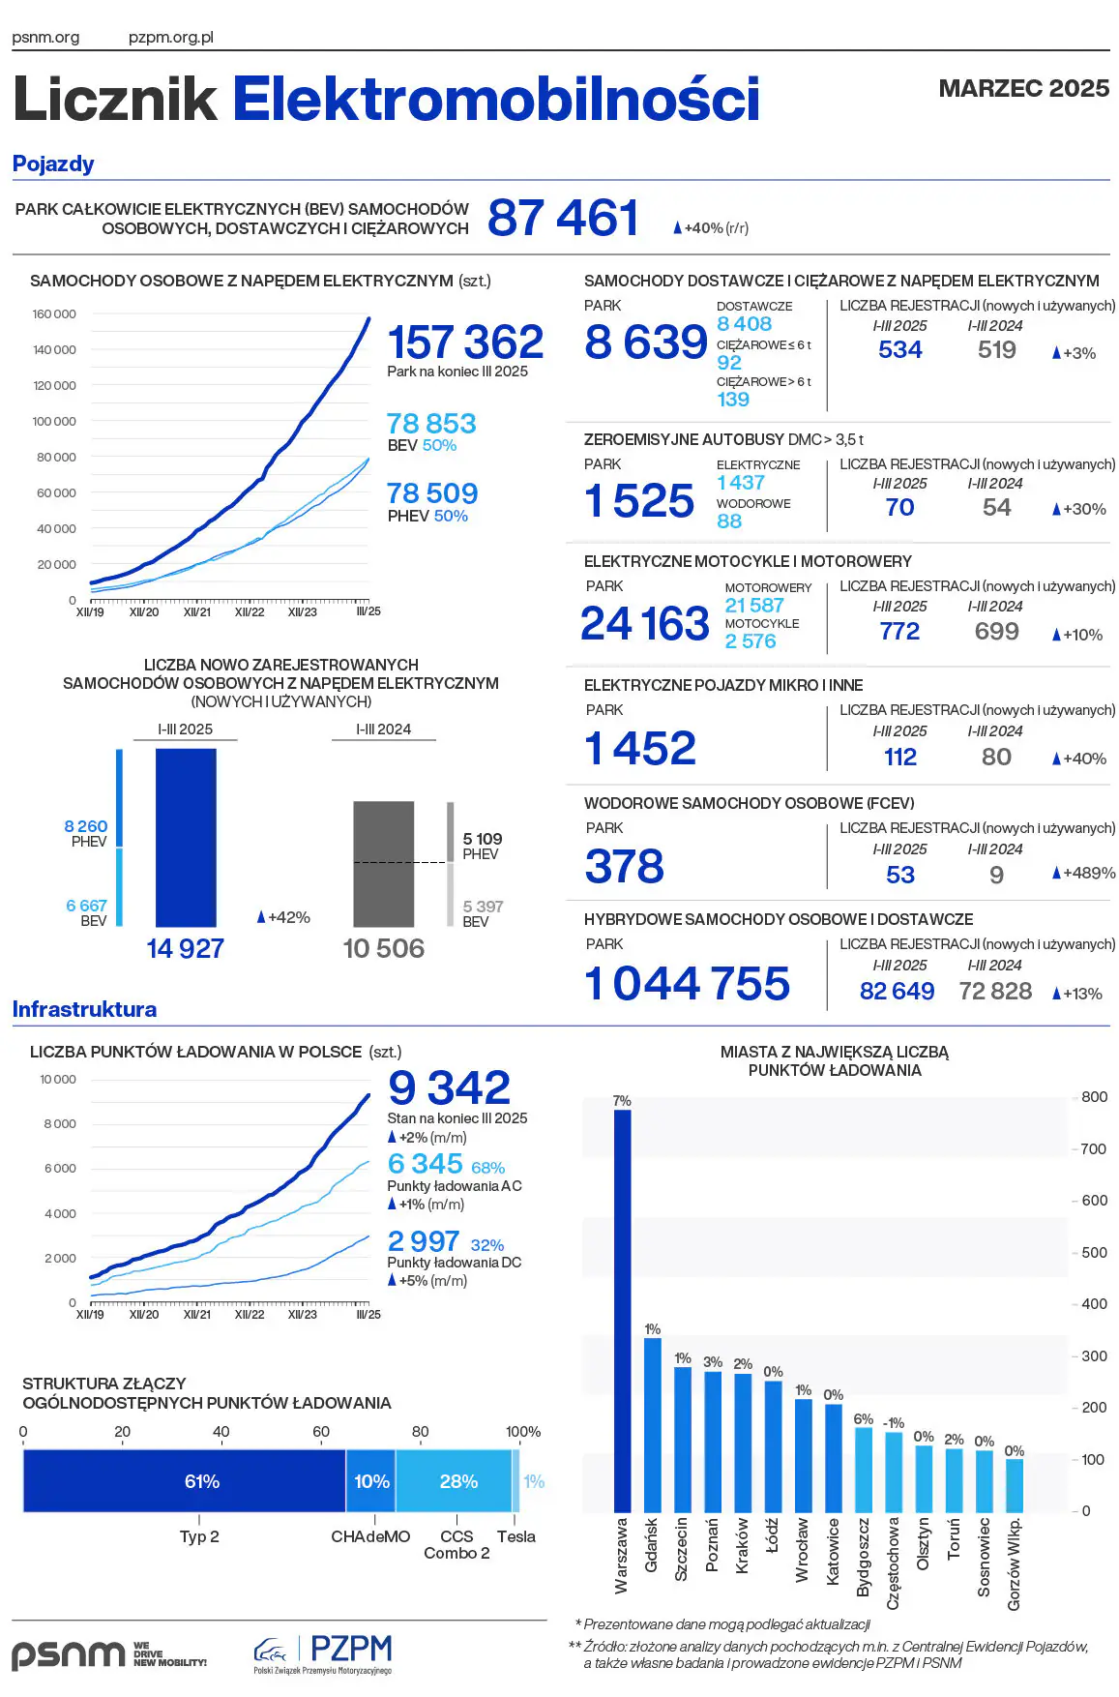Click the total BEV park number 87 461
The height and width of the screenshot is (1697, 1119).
[x=563, y=218]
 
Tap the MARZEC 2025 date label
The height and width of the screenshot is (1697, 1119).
[x=1023, y=88]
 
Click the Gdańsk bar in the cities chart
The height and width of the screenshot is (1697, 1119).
[x=653, y=1424]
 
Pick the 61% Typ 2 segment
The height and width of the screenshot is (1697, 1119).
[x=184, y=1481]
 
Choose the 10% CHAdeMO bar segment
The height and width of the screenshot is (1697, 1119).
[x=370, y=1481]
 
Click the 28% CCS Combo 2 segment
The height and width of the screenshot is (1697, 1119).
[x=454, y=1481]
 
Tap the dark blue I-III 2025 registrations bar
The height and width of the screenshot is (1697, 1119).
[x=186, y=838]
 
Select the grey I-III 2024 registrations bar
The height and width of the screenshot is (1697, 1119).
[x=384, y=864]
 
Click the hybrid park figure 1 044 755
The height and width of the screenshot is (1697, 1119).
[x=688, y=984]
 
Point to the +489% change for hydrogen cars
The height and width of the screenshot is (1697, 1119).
[x=1083, y=873]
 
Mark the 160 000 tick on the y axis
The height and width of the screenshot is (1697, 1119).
[x=54, y=314]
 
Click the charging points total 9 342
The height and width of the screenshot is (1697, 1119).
[x=449, y=1087]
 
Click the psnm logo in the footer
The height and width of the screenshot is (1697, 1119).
[x=68, y=1653]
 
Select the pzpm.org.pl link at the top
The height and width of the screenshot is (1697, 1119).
[x=171, y=38]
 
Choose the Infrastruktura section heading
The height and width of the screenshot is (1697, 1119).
[x=84, y=1009]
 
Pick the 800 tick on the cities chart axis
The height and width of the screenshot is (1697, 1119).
[x=1094, y=1097]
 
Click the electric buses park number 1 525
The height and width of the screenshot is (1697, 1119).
[x=639, y=501]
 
